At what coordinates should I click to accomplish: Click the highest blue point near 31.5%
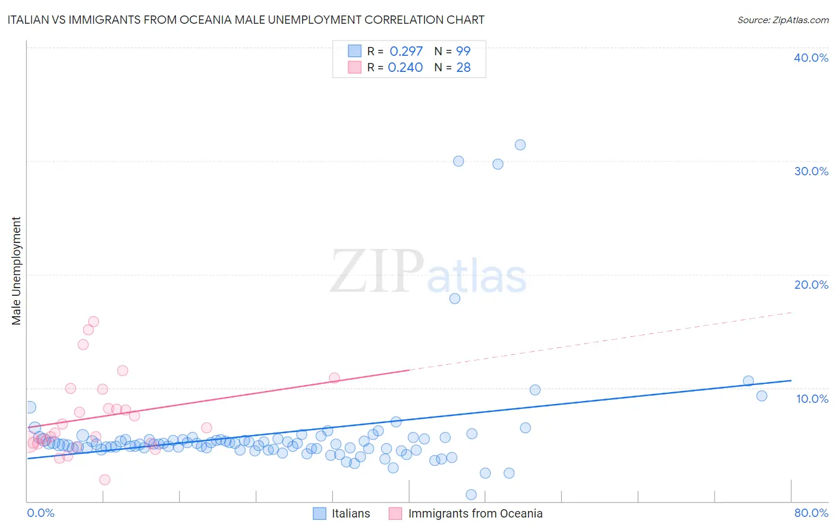coord(520,145)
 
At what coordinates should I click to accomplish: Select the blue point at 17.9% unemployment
coord(455,298)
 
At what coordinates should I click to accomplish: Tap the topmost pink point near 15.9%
coord(93,321)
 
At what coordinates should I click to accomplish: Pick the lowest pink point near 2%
coord(105,479)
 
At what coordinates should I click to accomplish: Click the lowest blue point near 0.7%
coord(471,494)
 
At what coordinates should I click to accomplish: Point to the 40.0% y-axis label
coord(811,58)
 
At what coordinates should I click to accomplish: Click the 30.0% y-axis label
coord(811,171)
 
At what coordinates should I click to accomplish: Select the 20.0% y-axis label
coord(811,285)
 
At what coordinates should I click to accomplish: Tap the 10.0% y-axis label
coord(812,399)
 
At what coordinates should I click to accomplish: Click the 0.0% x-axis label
coord(41,513)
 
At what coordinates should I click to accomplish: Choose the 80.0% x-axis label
coord(811,513)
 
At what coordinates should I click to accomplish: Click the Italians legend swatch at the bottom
coord(320,513)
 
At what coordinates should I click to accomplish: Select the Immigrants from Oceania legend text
coord(475,513)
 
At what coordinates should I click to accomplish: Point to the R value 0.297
coord(406,52)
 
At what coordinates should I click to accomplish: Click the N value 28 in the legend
coord(463,68)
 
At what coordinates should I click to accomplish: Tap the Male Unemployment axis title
coord(16,271)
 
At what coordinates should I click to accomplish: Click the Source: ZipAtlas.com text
coord(782,20)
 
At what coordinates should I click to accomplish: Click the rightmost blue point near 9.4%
coord(762,396)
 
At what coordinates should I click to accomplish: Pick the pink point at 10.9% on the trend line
coord(334,378)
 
